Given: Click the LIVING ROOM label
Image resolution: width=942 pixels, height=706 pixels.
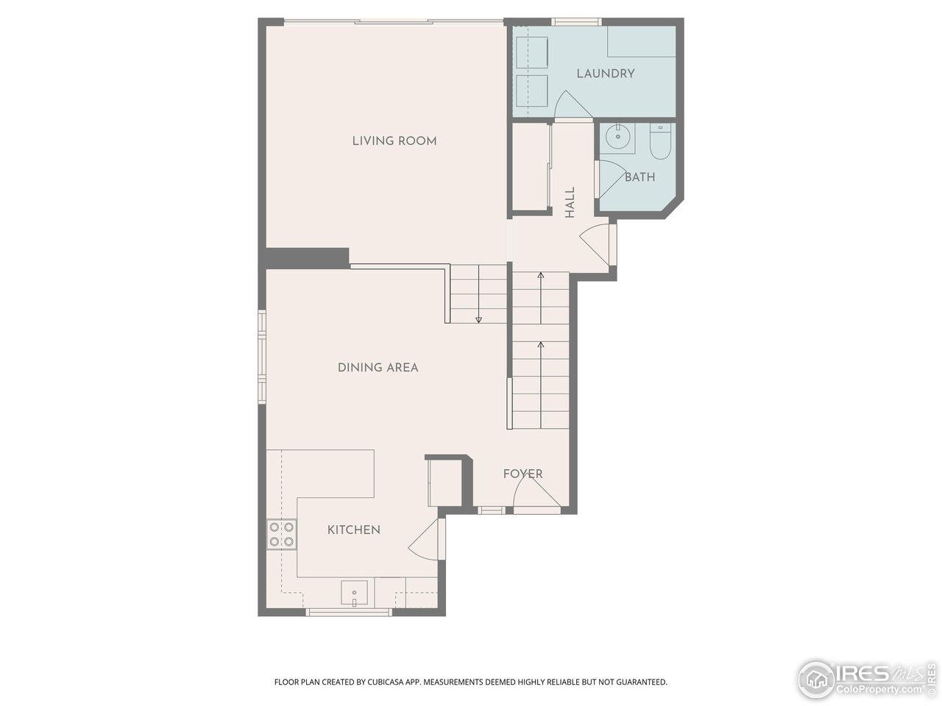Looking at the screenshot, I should coord(394,140).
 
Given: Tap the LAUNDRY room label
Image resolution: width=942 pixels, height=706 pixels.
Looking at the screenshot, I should coord(605,74).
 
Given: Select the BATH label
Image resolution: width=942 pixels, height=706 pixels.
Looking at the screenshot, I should coord(640,177).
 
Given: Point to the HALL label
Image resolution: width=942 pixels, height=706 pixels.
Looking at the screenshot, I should coord(570,202).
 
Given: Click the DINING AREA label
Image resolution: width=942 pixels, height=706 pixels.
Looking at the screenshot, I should coord(378,367).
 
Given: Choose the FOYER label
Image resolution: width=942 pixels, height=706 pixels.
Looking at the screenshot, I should coord(523,474).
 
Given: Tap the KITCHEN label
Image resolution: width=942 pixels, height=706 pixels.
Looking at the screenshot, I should coord(353,529).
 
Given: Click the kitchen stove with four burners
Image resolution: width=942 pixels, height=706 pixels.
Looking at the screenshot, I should coord(281,535).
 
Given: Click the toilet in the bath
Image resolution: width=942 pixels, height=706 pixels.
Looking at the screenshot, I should coord(659,142).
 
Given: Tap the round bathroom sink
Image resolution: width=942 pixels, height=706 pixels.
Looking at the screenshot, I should coord(617,138).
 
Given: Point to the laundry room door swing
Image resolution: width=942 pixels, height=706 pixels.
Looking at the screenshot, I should coord(571,104).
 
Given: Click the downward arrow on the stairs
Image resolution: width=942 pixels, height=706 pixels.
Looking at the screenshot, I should coord(478,318).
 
